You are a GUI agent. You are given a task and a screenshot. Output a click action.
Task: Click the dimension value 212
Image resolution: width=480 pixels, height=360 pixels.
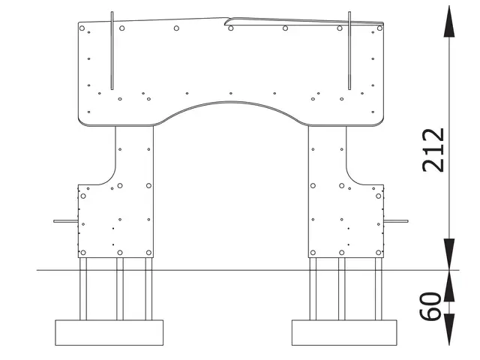(x=433, y=150)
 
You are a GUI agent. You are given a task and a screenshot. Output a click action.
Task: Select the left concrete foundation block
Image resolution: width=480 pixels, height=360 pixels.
(x=109, y=331)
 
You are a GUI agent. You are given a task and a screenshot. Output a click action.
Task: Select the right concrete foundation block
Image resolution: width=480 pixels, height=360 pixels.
(x=344, y=331)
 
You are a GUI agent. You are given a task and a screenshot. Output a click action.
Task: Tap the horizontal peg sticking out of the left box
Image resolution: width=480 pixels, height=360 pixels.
(x=64, y=221)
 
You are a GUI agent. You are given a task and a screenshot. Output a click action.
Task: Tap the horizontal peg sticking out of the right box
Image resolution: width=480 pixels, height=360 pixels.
(x=396, y=221)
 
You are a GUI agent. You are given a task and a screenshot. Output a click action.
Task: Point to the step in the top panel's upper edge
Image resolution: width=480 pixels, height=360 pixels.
(x=227, y=20)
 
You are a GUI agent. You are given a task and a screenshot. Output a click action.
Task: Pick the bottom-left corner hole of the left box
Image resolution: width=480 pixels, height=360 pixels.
(x=82, y=253)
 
